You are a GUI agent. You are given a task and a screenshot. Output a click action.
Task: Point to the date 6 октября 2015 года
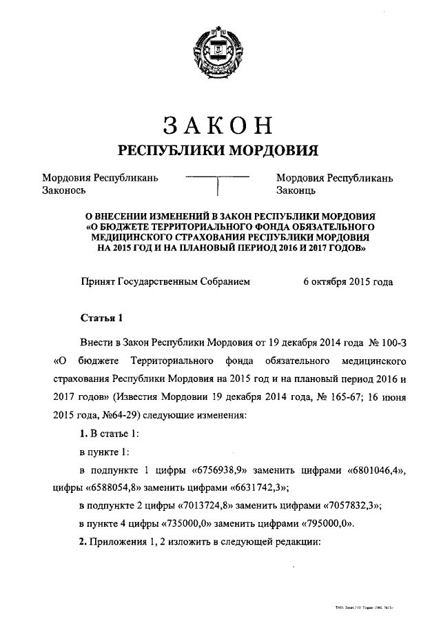(349, 281)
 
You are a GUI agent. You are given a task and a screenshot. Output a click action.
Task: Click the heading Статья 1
(102, 318)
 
